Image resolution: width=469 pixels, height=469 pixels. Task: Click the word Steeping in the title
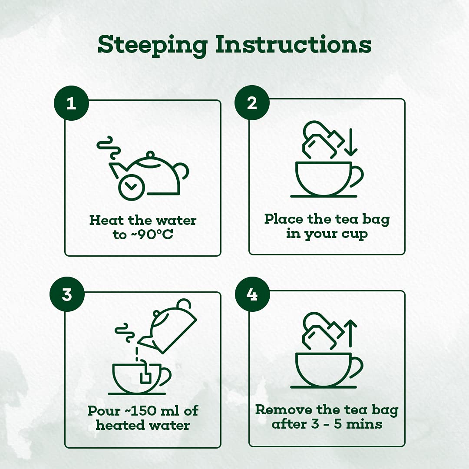coord(152,46)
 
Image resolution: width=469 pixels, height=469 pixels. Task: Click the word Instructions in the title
coord(294,44)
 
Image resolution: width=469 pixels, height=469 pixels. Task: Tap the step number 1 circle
coord(71,103)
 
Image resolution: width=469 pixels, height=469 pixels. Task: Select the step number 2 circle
coord(252,103)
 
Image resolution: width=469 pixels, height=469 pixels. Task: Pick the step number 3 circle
coord(67,294)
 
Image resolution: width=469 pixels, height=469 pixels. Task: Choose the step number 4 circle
coord(252,294)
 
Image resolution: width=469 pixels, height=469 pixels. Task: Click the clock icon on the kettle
coord(132,187)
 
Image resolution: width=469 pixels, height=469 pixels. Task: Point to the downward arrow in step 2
coord(351,142)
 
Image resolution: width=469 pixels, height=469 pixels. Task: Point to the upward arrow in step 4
coord(350,333)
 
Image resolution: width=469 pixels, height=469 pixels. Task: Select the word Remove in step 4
coord(283,410)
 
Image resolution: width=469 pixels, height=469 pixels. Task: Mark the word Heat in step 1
coord(107,220)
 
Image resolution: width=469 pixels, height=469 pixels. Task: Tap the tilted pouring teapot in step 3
coord(168,326)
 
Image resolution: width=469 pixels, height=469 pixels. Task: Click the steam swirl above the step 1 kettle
coord(109,148)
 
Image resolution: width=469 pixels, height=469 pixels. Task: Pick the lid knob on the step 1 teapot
coord(150,155)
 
